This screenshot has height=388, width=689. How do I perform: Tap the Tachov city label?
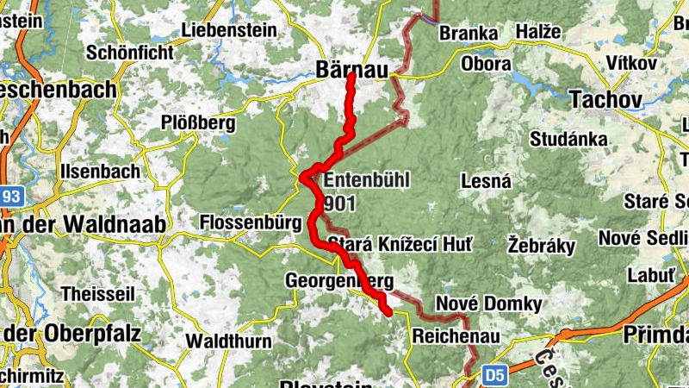(605, 100)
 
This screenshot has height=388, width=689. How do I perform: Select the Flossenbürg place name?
(250, 222)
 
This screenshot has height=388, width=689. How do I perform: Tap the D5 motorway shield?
(493, 375)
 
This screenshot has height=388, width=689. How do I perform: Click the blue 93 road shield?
(8, 197)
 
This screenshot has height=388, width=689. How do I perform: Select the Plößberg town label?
(198, 123)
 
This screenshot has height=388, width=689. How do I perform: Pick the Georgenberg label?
(338, 281)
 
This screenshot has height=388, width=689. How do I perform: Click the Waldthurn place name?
(229, 341)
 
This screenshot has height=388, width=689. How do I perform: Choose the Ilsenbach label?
(99, 171)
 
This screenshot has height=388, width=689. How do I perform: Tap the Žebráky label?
(541, 245)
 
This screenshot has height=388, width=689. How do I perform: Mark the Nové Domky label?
(488, 304)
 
